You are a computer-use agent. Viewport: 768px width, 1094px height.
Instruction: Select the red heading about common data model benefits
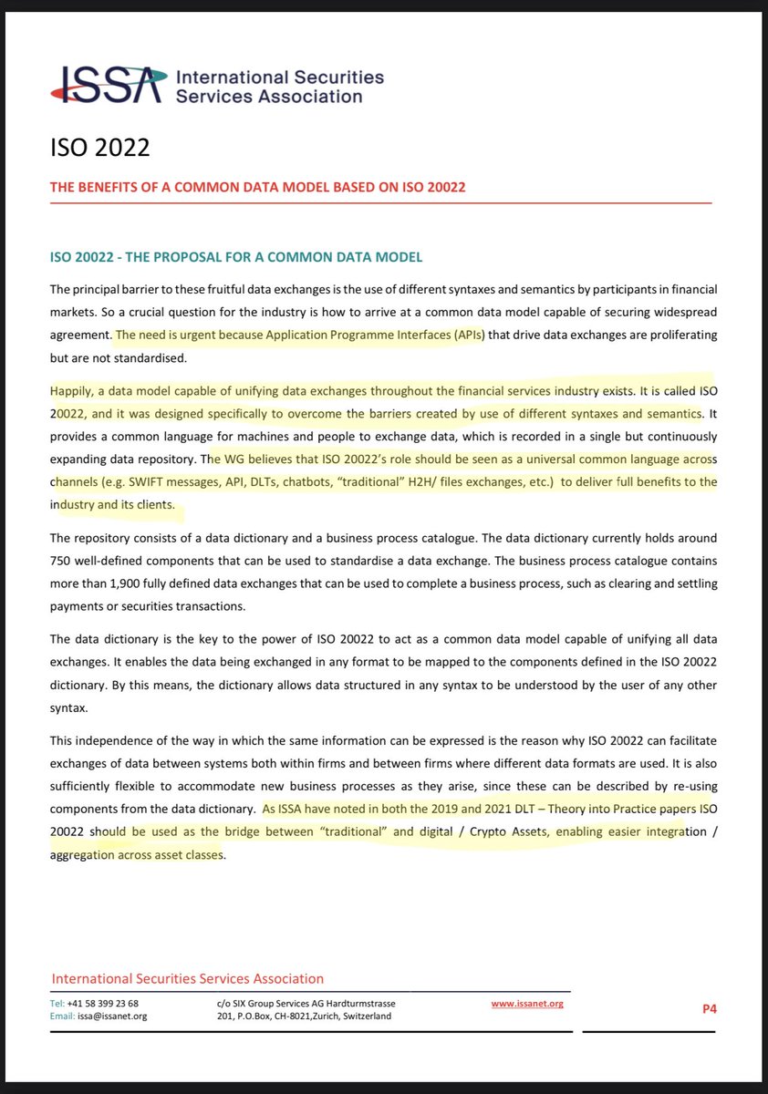(x=257, y=188)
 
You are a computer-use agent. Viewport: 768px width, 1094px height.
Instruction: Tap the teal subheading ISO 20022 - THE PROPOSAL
(x=236, y=257)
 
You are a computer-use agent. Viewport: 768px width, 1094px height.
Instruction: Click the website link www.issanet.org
(x=527, y=1003)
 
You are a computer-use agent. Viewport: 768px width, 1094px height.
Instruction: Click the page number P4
(x=709, y=1009)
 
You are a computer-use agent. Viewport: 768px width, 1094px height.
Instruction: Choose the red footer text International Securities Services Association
(x=187, y=979)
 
